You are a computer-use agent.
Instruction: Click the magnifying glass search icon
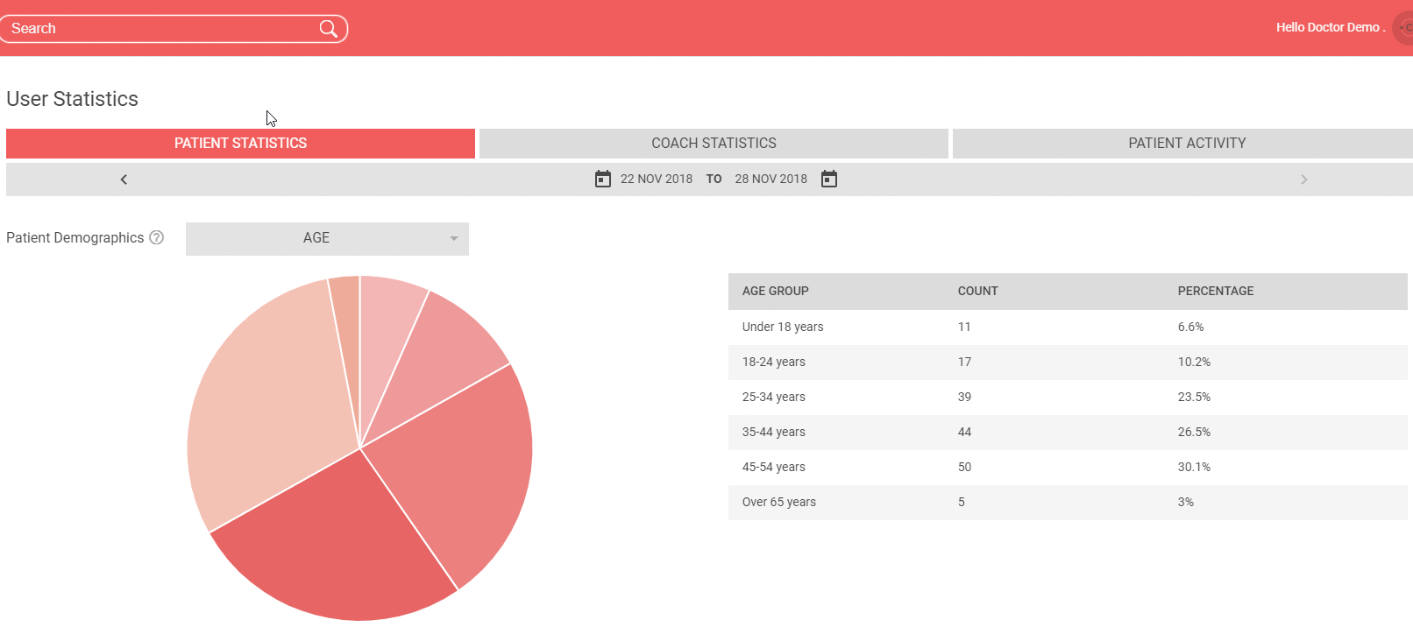point(328,28)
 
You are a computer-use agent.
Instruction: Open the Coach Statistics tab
point(714,143)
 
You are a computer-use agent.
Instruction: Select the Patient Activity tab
point(1187,143)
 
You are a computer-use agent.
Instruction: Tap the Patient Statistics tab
point(240,143)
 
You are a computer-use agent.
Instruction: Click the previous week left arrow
point(124,180)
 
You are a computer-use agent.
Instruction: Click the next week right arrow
point(1304,180)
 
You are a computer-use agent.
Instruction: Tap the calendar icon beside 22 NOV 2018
point(602,179)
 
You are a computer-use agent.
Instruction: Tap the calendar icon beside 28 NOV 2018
point(829,179)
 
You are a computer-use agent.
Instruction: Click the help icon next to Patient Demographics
point(156,237)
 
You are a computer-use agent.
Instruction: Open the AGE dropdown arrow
point(453,238)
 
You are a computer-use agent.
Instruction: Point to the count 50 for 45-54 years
point(964,467)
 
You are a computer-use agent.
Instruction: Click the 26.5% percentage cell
point(1194,432)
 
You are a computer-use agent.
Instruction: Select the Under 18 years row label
point(782,327)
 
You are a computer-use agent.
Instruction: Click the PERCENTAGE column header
point(1216,291)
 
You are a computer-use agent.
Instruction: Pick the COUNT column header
point(977,291)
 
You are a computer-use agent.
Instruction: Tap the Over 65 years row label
point(779,502)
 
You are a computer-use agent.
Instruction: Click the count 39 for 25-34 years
point(964,397)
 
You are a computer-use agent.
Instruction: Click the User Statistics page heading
point(72,99)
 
